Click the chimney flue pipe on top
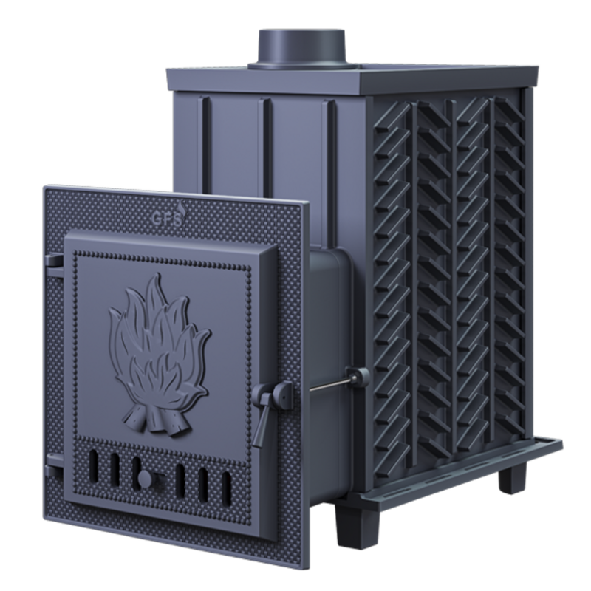(301, 48)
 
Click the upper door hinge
(54, 261)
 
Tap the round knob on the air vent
(146, 479)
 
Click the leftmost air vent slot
(93, 467)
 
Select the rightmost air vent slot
(227, 488)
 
